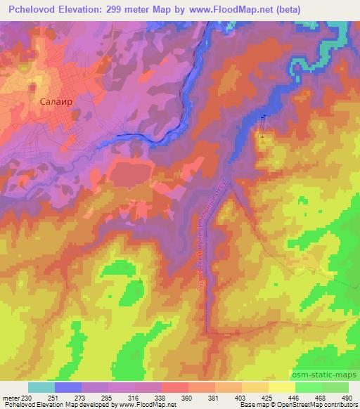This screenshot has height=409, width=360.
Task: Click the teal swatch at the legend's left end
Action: click(x=41, y=387)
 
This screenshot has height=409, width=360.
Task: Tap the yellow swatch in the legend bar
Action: click(x=282, y=387)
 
